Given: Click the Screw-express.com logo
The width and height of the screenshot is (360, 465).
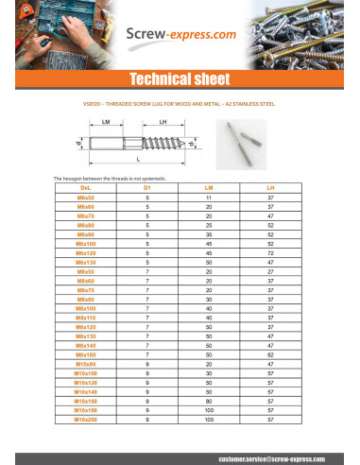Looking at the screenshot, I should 180,35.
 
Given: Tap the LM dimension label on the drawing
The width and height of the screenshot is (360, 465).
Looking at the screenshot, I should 107,122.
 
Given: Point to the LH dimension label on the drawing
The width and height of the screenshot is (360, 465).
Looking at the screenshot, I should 163,122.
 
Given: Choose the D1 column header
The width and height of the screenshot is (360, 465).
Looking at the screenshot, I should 148,189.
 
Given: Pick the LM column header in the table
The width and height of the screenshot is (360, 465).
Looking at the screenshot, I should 210,189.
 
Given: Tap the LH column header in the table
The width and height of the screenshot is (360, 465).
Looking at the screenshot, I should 270,189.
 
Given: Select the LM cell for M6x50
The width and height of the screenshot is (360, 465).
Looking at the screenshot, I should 210,198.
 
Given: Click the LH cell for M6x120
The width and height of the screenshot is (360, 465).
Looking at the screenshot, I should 270,255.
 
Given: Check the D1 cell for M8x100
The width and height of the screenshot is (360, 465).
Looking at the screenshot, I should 148,307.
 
